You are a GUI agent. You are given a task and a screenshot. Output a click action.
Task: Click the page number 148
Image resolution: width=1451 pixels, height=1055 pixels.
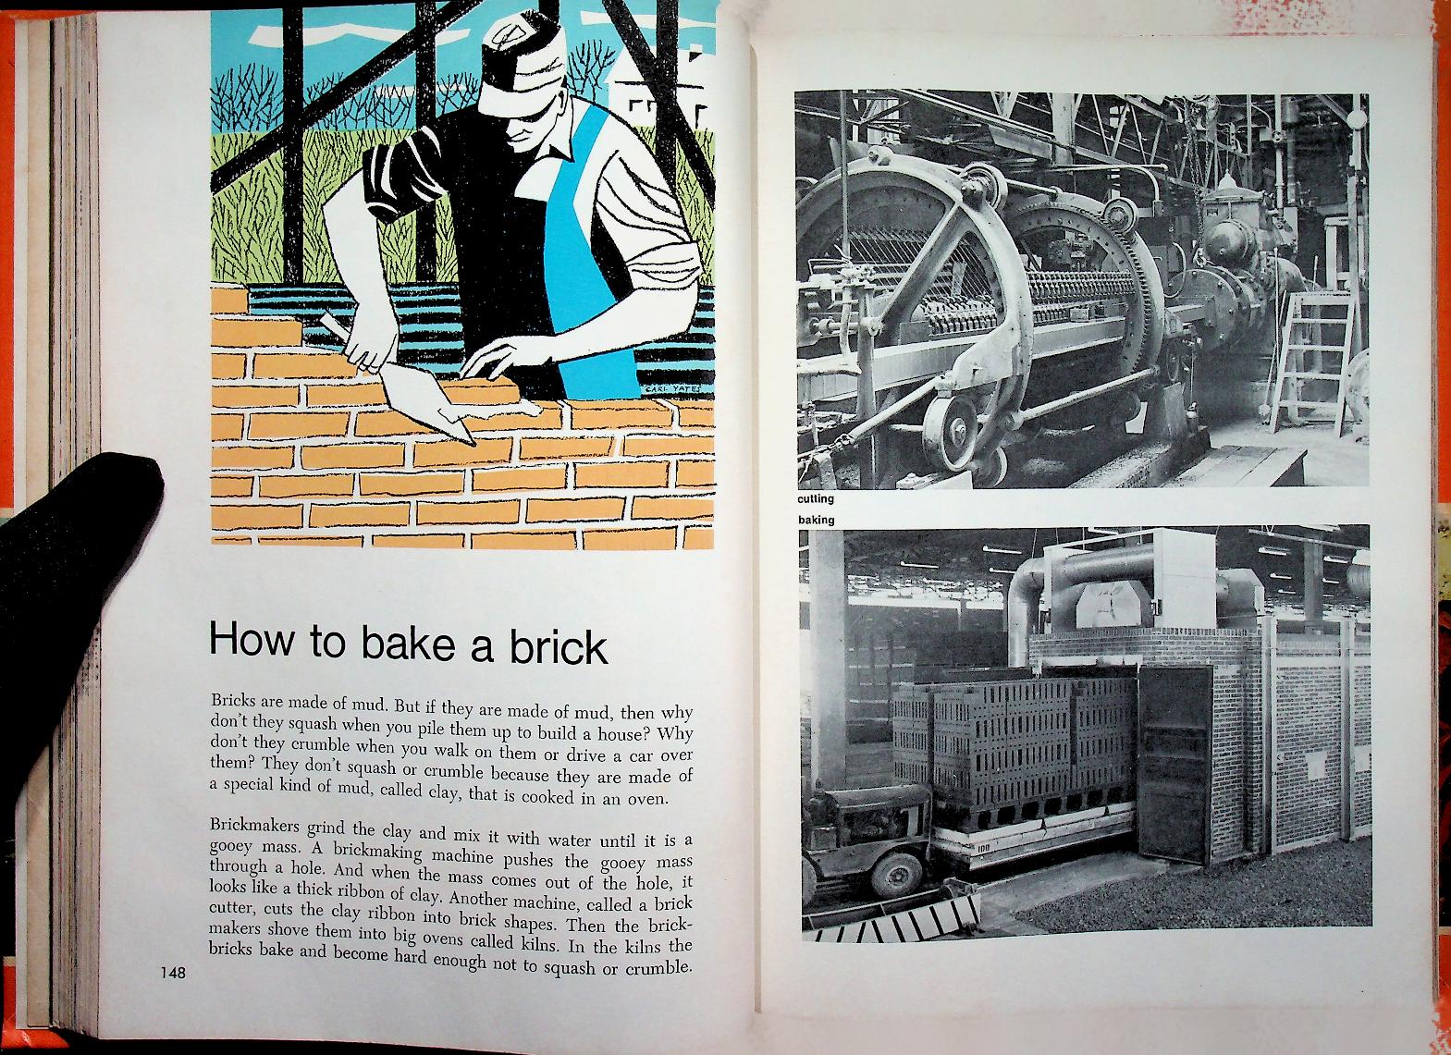point(173,972)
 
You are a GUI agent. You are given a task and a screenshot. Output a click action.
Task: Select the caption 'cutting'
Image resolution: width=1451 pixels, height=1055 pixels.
point(816,498)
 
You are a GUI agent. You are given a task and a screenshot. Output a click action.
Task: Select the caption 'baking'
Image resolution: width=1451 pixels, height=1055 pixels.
point(817,520)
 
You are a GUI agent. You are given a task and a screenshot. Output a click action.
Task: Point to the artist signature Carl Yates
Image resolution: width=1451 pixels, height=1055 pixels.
point(669,389)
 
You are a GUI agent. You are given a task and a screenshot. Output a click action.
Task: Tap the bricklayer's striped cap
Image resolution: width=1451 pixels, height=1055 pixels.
point(522,65)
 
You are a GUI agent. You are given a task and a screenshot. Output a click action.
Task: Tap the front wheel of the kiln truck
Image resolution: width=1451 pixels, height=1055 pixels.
point(896,874)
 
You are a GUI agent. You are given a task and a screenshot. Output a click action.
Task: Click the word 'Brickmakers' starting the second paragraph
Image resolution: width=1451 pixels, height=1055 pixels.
point(255,827)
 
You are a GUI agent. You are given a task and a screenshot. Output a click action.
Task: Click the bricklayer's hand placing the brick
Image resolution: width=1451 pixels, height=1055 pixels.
point(496,360)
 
